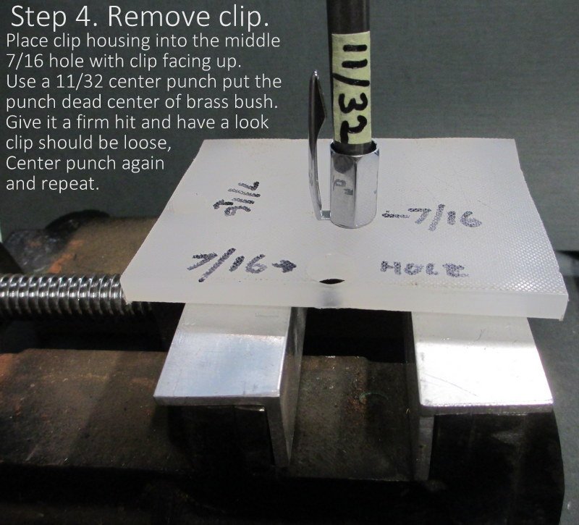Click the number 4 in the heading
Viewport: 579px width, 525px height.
point(87,17)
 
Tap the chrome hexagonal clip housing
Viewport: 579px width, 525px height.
point(353,184)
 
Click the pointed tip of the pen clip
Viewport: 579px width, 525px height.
point(315,74)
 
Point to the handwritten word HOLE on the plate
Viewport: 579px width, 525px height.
point(424,269)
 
